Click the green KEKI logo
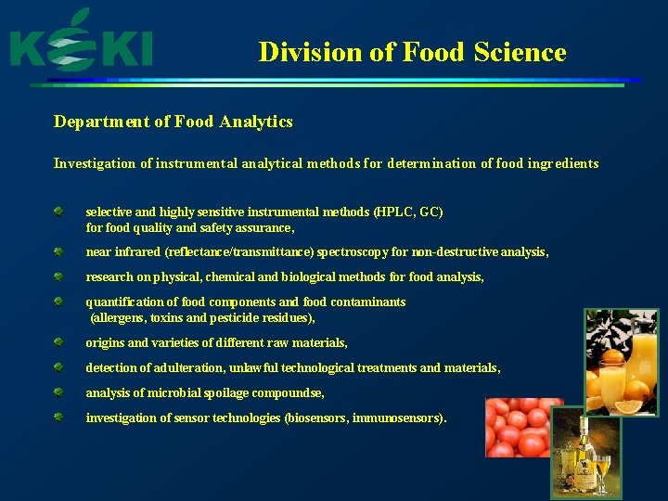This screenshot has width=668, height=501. (x=81, y=45)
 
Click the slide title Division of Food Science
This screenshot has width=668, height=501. (x=412, y=52)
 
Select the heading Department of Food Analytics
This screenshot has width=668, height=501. (x=173, y=122)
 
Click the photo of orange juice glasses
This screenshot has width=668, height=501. (x=621, y=362)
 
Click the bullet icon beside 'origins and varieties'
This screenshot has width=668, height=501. (x=58, y=342)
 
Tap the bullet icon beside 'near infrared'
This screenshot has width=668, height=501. (x=58, y=251)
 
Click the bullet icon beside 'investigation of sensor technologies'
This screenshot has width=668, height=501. (x=58, y=417)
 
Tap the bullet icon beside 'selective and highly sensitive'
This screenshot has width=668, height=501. (x=58, y=212)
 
